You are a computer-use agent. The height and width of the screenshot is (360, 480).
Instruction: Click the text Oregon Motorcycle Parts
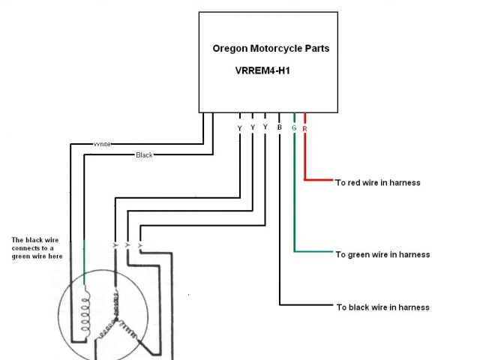[271, 49]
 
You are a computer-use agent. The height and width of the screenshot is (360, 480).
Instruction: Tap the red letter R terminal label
[304, 128]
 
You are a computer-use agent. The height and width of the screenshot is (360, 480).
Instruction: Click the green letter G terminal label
[293, 128]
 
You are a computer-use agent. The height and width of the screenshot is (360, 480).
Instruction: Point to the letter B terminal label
[279, 128]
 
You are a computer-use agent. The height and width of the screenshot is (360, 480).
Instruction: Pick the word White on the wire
[102, 143]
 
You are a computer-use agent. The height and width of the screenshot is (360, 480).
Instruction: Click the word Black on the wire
[143, 154]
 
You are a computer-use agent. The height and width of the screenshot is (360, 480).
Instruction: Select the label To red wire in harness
[377, 182]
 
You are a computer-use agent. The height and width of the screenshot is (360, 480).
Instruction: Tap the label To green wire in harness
[382, 254]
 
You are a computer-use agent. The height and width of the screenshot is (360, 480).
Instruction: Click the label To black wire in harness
[382, 307]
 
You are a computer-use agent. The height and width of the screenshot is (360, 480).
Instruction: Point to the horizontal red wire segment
[319, 180]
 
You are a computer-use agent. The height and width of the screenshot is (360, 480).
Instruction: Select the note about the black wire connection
[37, 248]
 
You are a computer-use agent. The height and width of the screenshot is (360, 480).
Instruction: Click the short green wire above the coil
[84, 262]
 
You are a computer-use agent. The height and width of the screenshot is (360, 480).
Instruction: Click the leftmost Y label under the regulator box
[239, 128]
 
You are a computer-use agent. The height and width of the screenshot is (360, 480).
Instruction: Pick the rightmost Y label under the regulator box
[265, 128]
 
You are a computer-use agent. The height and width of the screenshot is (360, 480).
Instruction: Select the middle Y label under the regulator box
[253, 128]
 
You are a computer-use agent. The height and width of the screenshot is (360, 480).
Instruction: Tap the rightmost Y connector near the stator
[141, 245]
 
